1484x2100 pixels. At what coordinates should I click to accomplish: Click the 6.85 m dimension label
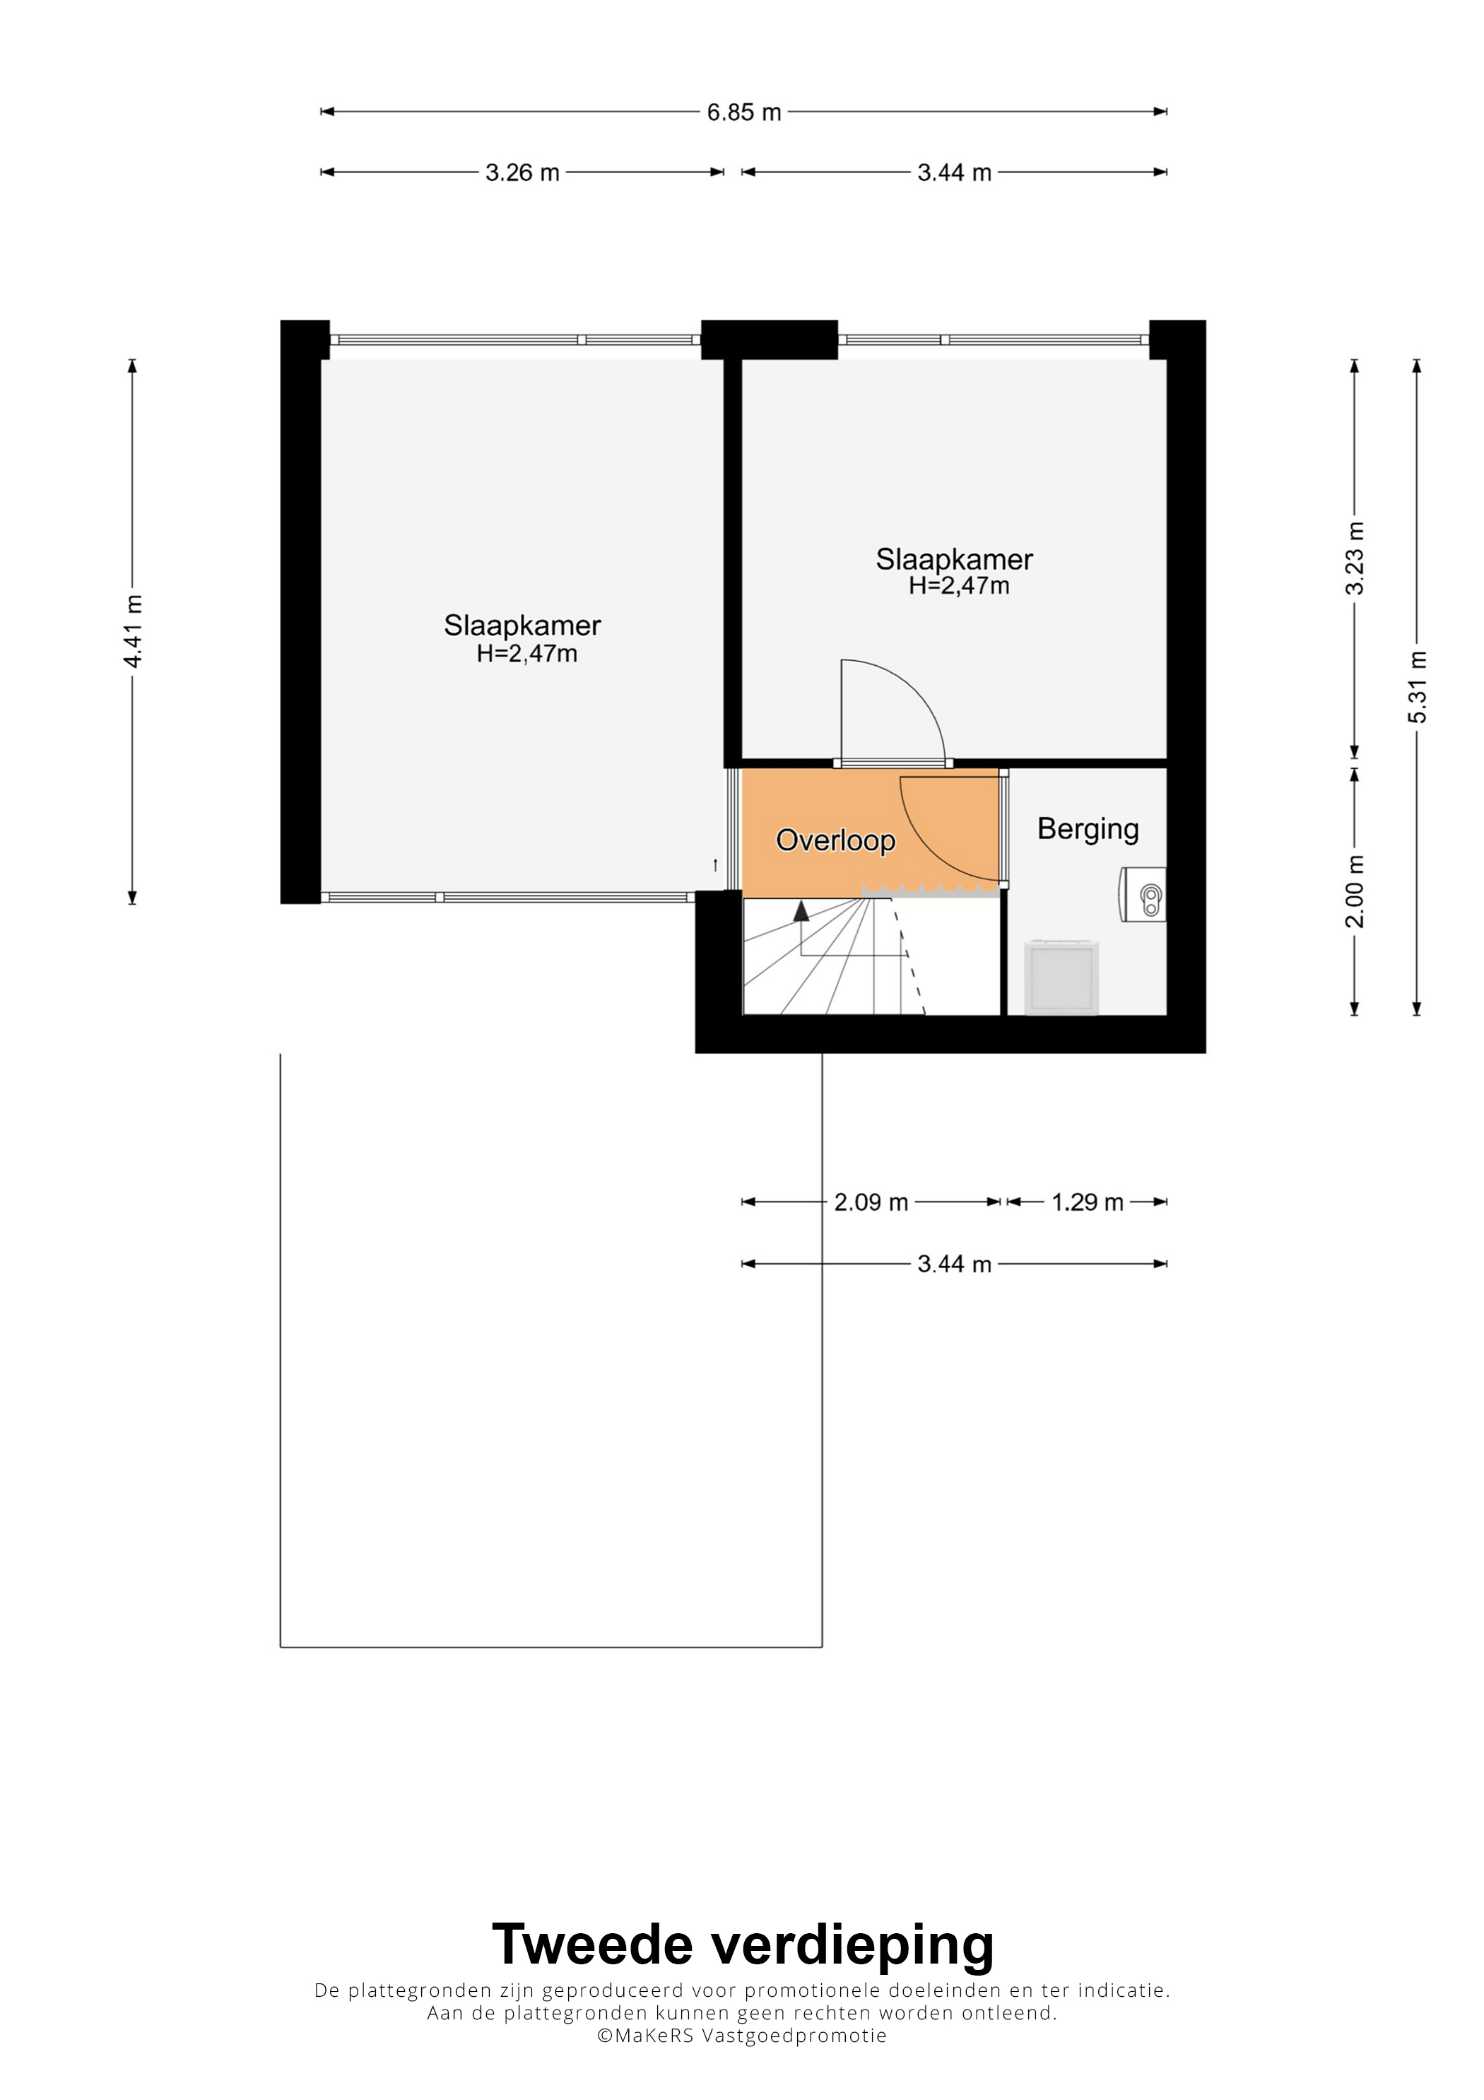click(743, 112)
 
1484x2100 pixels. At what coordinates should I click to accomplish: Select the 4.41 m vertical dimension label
click(134, 630)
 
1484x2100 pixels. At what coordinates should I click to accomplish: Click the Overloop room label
click(836, 840)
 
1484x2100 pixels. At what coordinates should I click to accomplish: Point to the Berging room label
click(1088, 830)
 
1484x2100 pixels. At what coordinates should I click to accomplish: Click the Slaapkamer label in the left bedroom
click(522, 626)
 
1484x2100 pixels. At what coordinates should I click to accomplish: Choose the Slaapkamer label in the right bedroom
click(955, 559)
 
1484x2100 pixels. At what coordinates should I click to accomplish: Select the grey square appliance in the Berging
click(1061, 977)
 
